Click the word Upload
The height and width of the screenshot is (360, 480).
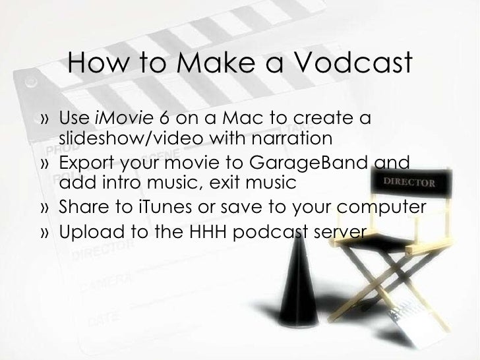pyautogui.click(x=86, y=232)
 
